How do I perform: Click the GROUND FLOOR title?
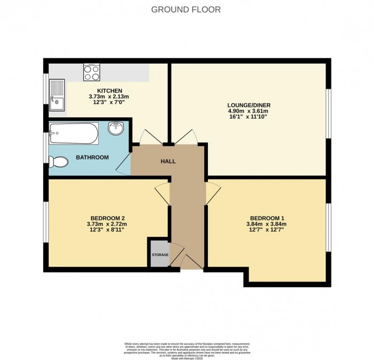click(186, 9)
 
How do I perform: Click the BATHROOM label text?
click(92, 157)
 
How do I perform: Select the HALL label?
click(168, 161)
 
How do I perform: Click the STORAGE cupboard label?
click(160, 255)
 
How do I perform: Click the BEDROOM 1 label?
click(267, 218)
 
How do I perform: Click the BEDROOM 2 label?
click(107, 218)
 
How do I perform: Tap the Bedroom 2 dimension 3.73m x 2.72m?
click(107, 224)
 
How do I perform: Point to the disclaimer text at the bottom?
click(186, 348)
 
